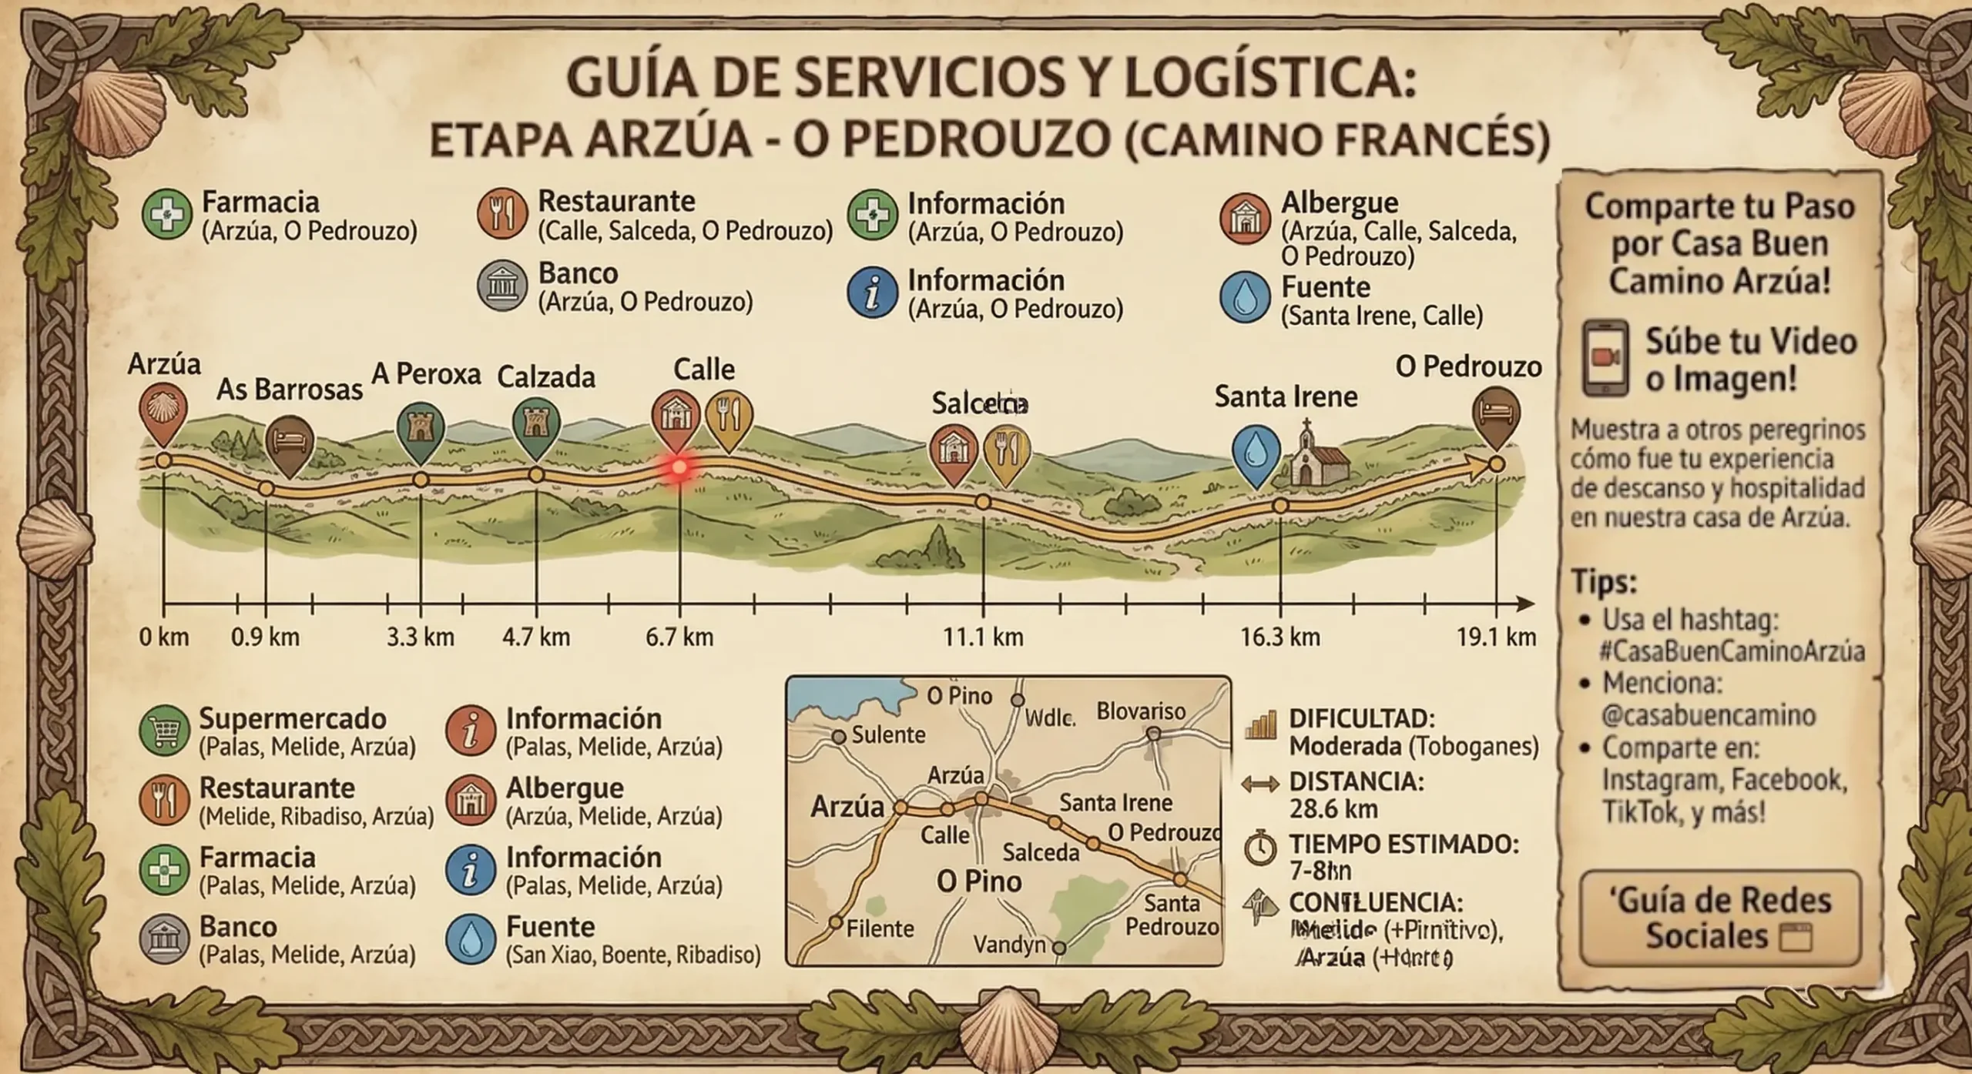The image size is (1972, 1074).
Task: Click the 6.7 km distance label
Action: (x=679, y=637)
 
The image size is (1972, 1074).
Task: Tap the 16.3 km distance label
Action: (x=1279, y=637)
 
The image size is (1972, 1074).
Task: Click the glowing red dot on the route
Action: (x=679, y=467)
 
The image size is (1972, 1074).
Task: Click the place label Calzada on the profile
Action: (x=546, y=377)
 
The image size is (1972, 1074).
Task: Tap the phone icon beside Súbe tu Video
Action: (x=1605, y=358)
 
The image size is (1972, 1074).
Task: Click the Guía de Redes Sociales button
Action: (x=1719, y=918)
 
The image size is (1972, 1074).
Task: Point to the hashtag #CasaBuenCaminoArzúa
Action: (x=1732, y=651)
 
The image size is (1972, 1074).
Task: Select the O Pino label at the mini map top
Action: (x=959, y=696)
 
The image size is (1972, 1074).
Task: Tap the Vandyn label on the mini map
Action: (x=1009, y=944)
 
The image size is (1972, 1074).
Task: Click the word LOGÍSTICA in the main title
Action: (x=1269, y=80)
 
